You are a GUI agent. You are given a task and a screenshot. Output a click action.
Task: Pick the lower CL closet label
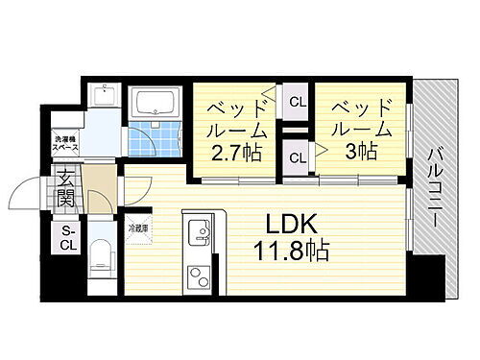pos(297,156)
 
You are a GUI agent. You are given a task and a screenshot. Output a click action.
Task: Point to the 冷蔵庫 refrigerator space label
pos(139,228)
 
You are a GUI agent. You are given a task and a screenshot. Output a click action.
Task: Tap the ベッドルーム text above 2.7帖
pos(230,116)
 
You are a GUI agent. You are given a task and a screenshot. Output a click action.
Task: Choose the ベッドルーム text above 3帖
pos(359,116)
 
